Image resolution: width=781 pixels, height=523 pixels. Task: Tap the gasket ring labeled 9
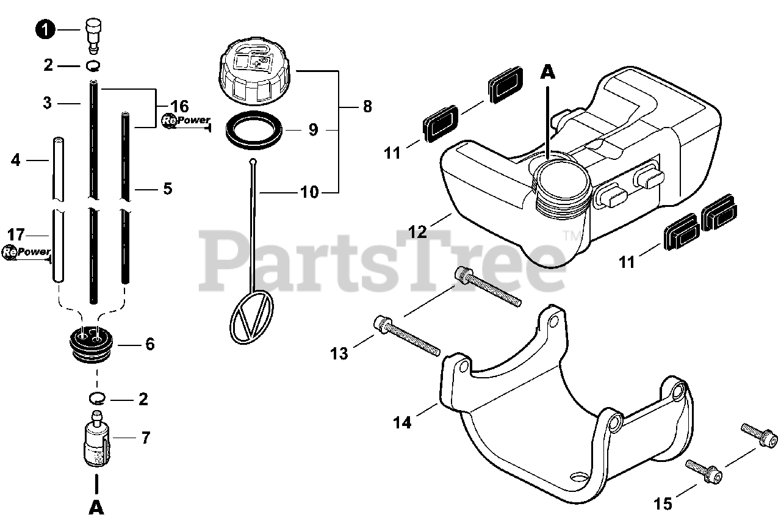pos(254,130)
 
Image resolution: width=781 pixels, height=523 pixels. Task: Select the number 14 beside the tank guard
pos(402,421)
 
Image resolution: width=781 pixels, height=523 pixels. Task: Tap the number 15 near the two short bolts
pos(663,503)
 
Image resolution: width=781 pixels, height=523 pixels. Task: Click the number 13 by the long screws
pos(339,353)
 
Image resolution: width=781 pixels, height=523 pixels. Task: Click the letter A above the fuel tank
pos(548,73)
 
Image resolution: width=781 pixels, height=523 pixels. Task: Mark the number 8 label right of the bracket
pos(367,106)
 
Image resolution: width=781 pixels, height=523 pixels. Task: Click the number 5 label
pos(167,189)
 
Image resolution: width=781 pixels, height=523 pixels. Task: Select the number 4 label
pos(16,161)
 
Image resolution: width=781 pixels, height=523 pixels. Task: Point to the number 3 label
pos(48,103)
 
